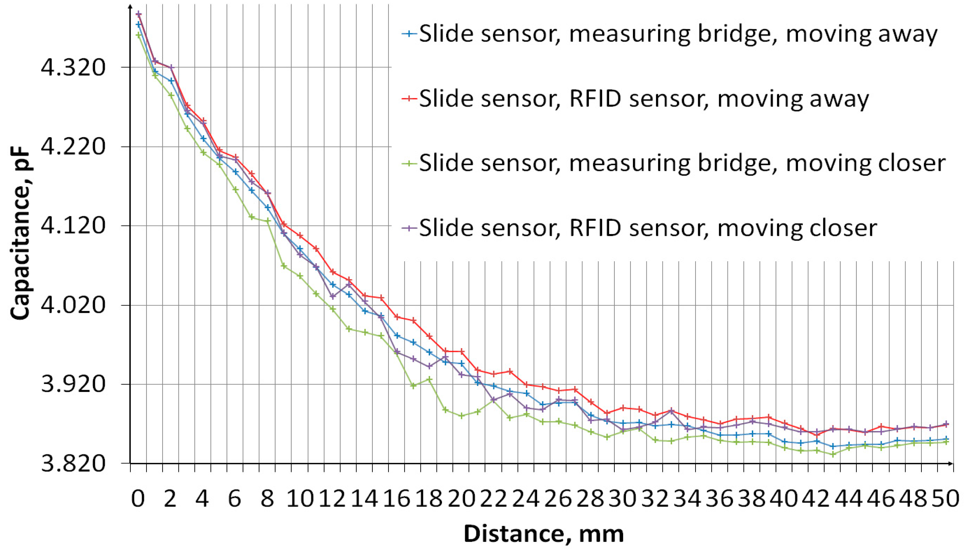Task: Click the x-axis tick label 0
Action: pos(138,499)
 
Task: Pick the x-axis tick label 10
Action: pos(300,499)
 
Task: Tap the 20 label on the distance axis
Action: pos(462,499)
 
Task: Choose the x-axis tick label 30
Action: pos(623,499)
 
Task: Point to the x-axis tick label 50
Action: pos(945,499)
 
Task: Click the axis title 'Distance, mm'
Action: pos(544,534)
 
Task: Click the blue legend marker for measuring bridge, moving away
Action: pos(409,34)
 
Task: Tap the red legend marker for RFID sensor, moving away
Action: pos(409,99)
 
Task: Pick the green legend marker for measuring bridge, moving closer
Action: pos(409,163)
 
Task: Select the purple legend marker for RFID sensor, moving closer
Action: pos(409,228)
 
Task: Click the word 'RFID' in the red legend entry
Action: pos(595,99)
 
